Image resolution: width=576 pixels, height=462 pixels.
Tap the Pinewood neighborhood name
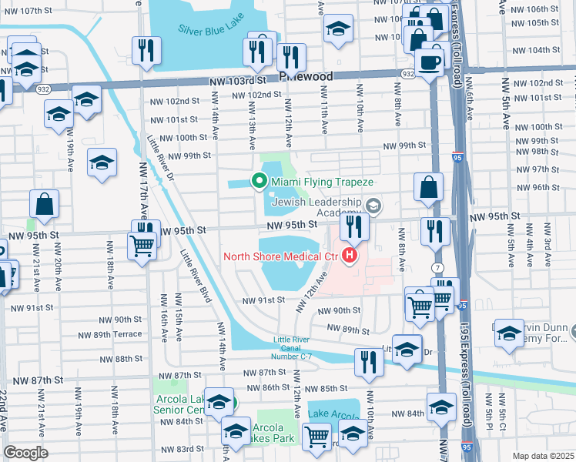coord(306,77)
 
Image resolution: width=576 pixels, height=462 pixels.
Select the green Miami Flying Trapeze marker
coord(260,182)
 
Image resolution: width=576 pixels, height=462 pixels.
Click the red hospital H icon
coord(351,256)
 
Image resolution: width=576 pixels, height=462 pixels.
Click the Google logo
coord(26,453)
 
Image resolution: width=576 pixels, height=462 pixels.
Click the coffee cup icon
coord(429,62)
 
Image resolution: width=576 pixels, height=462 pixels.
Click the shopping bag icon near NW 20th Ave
coord(45,204)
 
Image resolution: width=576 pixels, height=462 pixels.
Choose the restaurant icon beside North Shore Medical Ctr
coord(354,226)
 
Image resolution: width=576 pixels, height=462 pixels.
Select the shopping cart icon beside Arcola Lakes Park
coord(318,437)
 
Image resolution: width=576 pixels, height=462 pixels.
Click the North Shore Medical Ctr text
coord(282,256)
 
